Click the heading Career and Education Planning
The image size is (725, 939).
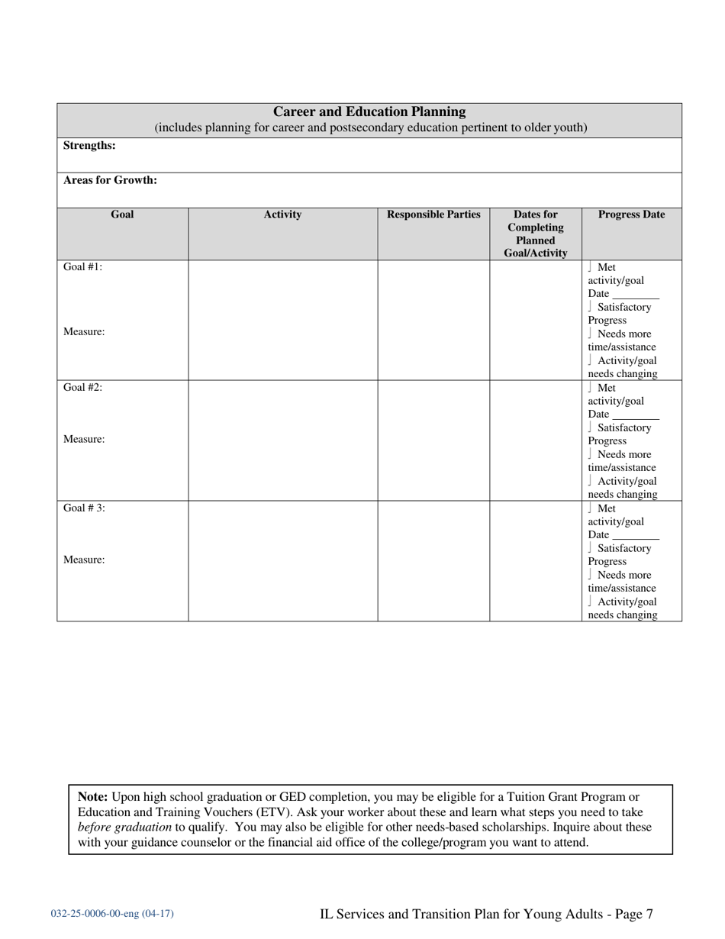(369, 111)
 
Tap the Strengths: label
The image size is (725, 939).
(89, 145)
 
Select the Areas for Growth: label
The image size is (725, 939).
(110, 180)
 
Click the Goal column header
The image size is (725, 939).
(122, 215)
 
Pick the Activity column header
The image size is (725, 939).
(282, 215)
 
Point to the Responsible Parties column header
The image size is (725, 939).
(433, 215)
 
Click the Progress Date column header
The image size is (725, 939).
(631, 215)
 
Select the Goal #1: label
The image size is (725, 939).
(82, 267)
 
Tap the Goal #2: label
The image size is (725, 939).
(82, 387)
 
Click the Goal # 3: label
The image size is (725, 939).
(84, 508)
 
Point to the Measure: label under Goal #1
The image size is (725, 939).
(84, 332)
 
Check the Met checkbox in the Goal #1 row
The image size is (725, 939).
(591, 267)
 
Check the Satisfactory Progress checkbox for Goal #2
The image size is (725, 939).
(591, 428)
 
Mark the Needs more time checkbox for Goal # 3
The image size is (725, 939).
(591, 575)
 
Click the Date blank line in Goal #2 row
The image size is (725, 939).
(635, 415)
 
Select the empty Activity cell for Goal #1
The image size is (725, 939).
(282, 320)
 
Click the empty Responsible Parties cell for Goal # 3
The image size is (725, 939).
(433, 561)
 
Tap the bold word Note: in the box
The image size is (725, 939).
(93, 796)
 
